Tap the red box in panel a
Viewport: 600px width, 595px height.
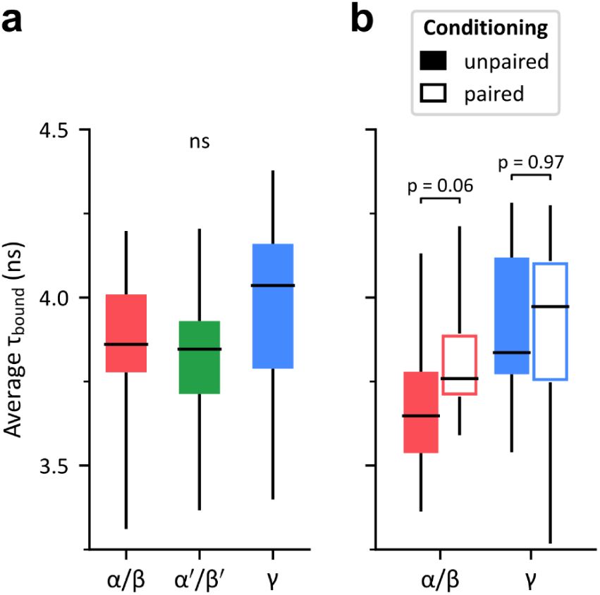tap(125, 333)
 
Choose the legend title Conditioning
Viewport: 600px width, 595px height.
tap(485, 29)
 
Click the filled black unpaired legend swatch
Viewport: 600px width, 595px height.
tap(435, 61)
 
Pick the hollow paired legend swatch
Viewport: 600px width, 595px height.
tap(435, 93)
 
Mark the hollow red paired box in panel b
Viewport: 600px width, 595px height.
tap(460, 365)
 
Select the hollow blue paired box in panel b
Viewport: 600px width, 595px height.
tap(550, 321)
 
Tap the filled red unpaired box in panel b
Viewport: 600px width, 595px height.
tap(421, 412)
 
